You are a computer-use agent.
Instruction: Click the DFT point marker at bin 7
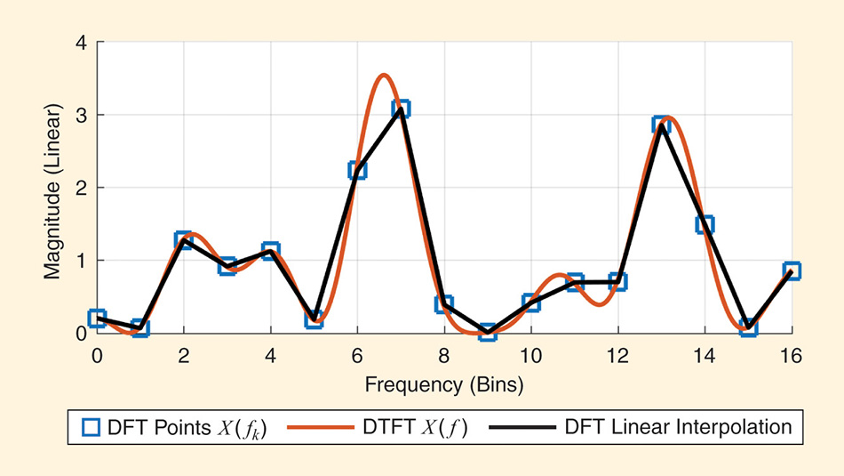401,109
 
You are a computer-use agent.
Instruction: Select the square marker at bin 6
357,170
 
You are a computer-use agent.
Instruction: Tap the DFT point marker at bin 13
661,125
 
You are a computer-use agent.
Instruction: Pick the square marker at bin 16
792,270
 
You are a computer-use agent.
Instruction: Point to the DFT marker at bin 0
97,319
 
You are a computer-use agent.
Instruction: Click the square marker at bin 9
487,332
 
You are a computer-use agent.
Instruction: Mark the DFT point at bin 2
184,240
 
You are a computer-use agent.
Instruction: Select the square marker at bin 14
705,224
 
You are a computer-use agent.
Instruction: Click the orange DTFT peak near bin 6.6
383,76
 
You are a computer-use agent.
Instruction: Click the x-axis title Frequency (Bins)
443,385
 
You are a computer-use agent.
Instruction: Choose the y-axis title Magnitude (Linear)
53,189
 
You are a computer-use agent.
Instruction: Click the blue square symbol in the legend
90,428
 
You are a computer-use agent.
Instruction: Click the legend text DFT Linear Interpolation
678,427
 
